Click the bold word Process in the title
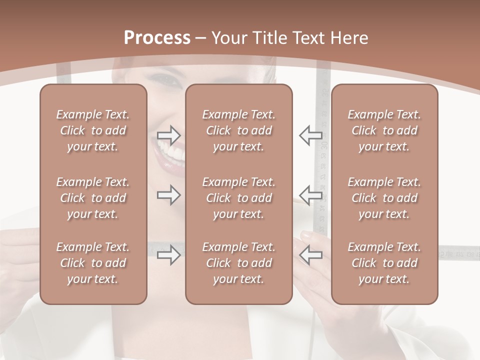point(157,38)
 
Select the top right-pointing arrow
point(168,134)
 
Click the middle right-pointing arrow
point(168,194)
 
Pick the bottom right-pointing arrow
point(168,255)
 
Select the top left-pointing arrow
point(310,134)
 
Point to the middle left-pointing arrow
point(310,194)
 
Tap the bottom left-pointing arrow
point(310,255)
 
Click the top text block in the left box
point(93,130)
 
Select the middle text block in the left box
point(93,198)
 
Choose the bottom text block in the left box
point(93,263)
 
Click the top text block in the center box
point(239,130)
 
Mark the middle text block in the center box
point(239,198)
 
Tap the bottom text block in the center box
point(239,263)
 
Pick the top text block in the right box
point(384,130)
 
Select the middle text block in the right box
point(384,198)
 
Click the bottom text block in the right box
point(384,263)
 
